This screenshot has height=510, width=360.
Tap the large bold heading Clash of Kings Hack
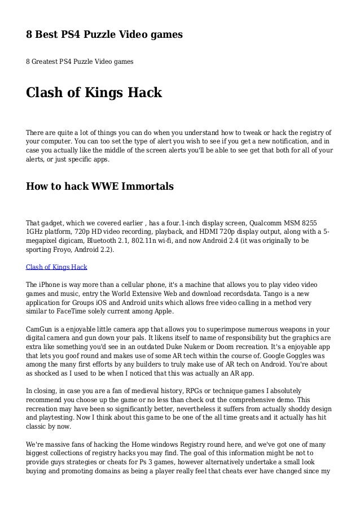pos(94,92)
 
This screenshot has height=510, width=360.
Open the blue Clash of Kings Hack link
pos(56,267)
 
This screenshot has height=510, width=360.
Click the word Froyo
pos(61,250)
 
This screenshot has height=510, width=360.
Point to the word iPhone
pos(51,285)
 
